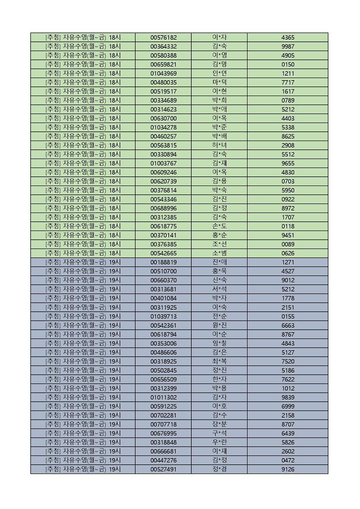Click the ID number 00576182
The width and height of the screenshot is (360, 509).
click(163, 38)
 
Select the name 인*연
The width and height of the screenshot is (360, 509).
click(219, 73)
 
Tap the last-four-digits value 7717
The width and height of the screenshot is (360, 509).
click(288, 83)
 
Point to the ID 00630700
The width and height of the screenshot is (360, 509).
click(163, 118)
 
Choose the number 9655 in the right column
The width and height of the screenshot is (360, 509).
click(288, 163)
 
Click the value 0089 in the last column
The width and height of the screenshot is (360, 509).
click(288, 244)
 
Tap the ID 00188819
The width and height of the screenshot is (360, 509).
click(163, 262)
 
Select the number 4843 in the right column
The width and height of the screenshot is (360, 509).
click(288, 343)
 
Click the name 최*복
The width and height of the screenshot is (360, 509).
click(219, 361)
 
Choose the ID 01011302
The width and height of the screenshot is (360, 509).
click(163, 398)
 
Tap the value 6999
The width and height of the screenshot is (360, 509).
click(288, 406)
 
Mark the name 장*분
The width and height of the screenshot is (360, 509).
click(219, 424)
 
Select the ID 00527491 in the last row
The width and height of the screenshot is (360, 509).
click(163, 469)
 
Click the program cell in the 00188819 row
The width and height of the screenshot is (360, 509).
click(83, 262)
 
